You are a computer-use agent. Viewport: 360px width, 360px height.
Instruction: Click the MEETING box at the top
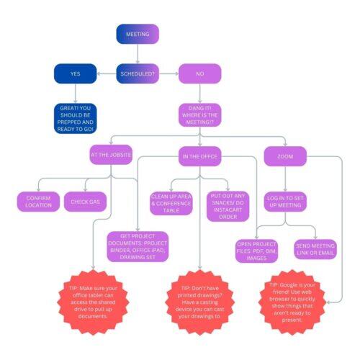[138, 34]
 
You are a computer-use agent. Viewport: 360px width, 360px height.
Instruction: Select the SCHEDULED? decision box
[138, 73]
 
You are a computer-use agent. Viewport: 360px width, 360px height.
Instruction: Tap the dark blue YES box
[76, 73]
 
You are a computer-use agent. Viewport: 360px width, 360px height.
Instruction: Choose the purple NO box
[200, 73]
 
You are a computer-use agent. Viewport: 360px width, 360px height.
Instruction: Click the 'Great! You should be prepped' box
[76, 119]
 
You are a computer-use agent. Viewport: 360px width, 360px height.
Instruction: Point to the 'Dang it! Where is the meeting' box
[200, 115]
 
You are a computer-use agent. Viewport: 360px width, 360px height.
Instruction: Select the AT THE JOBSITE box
[111, 155]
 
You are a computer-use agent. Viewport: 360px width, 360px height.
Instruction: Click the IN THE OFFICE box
[200, 156]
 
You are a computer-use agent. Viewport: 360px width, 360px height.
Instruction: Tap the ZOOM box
[285, 156]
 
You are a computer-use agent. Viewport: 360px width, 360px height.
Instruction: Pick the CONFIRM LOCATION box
[38, 202]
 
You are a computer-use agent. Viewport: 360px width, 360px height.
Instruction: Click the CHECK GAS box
[85, 202]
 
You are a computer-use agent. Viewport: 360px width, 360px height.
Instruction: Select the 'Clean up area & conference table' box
[171, 203]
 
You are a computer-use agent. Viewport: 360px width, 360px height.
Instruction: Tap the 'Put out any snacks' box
[228, 207]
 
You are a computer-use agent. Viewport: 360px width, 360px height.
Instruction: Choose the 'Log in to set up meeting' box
[285, 202]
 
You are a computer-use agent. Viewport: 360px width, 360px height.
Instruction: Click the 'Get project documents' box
[138, 246]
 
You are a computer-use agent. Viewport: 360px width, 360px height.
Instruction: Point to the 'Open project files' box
[256, 251]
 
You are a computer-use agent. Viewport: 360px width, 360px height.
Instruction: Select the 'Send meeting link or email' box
[315, 249]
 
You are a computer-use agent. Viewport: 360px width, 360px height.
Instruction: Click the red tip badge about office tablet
[93, 302]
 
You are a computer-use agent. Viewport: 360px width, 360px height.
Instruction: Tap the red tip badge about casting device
[200, 302]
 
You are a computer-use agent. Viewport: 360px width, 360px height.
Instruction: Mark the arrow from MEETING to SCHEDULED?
[138, 54]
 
